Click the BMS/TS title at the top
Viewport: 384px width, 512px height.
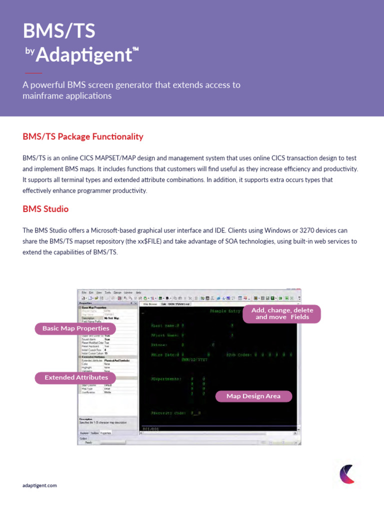(59, 32)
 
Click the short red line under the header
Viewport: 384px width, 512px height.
(33, 73)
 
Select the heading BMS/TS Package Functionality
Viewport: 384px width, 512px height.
(83, 136)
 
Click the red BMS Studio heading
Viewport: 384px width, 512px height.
(45, 208)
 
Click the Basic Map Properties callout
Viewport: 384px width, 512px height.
(75, 328)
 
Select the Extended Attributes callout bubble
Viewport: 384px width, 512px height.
(75, 377)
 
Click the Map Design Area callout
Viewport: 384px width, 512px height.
(253, 396)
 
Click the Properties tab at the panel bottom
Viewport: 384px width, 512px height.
(106, 432)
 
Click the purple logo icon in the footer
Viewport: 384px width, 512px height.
(346, 473)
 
